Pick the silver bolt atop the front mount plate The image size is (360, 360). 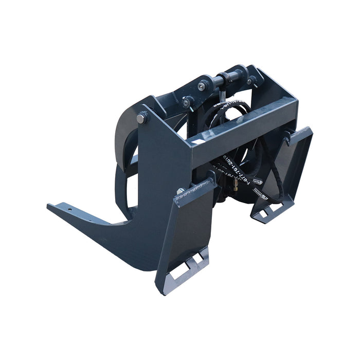click(x=181, y=191)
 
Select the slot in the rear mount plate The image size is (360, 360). click(x=264, y=212)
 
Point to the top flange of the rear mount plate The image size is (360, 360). click(x=301, y=133)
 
